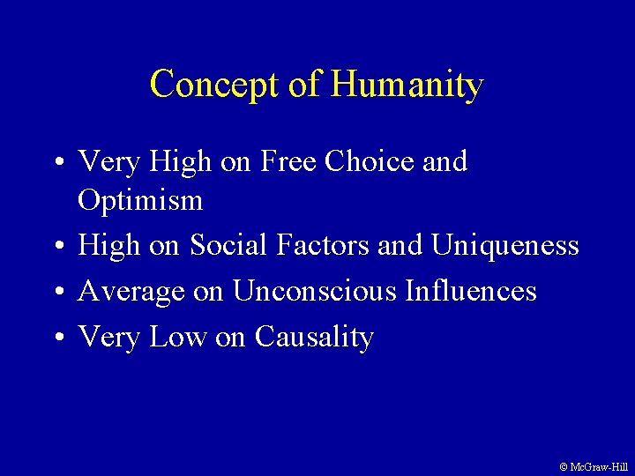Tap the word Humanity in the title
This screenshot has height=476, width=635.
click(x=407, y=86)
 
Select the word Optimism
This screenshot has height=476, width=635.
click(x=140, y=201)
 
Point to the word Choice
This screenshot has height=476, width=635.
click(x=370, y=162)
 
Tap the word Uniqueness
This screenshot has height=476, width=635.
click(x=504, y=245)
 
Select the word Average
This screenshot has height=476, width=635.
click(x=132, y=291)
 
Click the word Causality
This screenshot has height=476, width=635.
click(x=314, y=337)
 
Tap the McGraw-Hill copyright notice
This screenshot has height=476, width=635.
click(x=594, y=466)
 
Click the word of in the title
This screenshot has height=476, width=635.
click(x=308, y=86)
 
